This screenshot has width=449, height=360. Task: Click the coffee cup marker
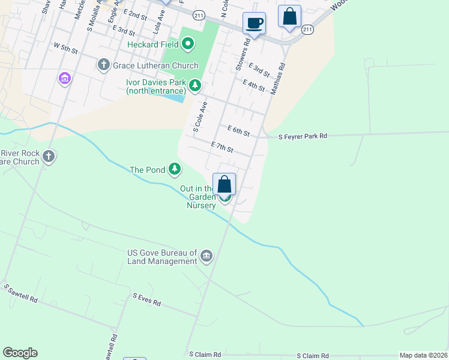click(x=254, y=23)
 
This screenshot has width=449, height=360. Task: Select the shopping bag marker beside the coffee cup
click(x=289, y=16)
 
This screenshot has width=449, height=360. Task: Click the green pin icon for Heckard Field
click(x=188, y=43)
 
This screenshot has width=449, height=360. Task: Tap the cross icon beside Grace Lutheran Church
click(x=104, y=65)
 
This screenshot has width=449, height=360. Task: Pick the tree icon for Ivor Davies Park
click(x=195, y=86)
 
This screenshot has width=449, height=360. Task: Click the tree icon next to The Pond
click(x=175, y=169)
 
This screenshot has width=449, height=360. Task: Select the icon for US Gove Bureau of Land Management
click(x=206, y=257)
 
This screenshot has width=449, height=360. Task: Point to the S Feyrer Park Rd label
click(x=303, y=137)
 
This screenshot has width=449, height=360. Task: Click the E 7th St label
click(x=222, y=146)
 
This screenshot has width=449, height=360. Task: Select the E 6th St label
click(x=238, y=130)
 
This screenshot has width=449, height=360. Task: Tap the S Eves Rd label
click(x=147, y=299)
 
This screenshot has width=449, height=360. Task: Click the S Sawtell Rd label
click(x=21, y=293)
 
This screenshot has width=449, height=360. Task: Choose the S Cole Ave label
click(x=199, y=118)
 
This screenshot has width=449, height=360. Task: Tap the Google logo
click(x=20, y=353)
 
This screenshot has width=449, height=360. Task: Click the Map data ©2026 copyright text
click(x=423, y=355)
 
